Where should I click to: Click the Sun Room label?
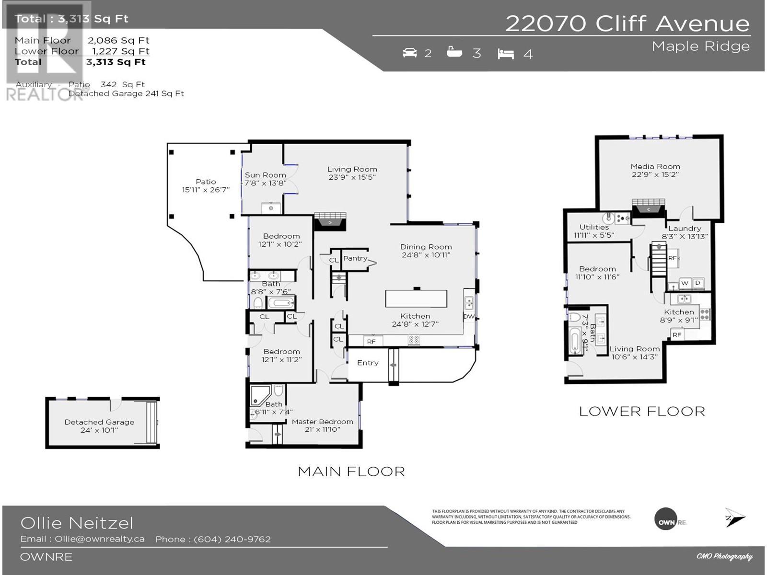coord(265,175)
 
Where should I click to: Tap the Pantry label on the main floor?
coord(355,258)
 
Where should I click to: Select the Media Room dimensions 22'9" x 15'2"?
coord(655,174)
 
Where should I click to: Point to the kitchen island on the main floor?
coord(416,299)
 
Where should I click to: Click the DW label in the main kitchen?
coord(468,317)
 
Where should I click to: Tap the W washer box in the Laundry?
coord(685,283)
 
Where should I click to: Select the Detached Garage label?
coord(99,422)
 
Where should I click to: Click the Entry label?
coord(368,363)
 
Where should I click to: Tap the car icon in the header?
coord(410,53)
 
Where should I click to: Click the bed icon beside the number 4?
coord(506,54)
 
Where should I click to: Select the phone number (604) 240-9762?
coord(232,539)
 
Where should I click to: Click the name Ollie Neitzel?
coord(77,523)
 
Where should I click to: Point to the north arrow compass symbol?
coord(734,517)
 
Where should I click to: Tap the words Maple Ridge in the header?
coord(700,46)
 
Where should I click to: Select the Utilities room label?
coord(594,227)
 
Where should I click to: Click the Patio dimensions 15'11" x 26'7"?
coord(206,190)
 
